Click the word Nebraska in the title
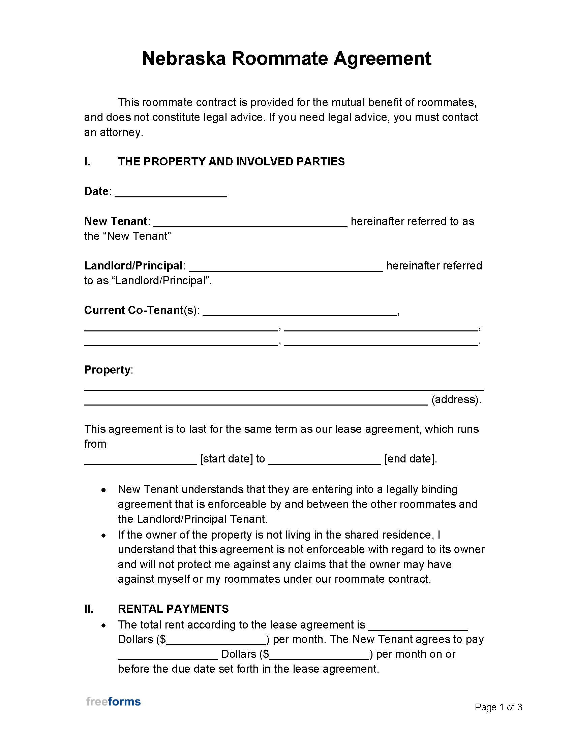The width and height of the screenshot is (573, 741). (184, 58)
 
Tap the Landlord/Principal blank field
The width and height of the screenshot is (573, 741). (285, 268)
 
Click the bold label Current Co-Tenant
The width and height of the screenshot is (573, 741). (134, 310)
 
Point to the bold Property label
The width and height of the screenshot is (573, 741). (107, 369)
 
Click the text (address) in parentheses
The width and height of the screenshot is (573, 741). (456, 399)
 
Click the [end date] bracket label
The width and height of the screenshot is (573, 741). (410, 459)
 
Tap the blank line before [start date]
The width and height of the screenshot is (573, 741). (140, 461)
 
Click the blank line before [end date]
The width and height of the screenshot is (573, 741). (325, 461)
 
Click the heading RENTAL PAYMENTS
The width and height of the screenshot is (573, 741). (173, 609)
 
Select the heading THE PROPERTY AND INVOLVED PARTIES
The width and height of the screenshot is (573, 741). (231, 161)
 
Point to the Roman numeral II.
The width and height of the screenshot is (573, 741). (89, 609)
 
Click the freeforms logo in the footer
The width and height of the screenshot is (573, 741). (113, 701)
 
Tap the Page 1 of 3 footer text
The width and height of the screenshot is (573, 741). (498, 707)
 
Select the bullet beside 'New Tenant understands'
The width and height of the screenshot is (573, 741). (104, 490)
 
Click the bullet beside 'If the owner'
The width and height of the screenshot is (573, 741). (104, 536)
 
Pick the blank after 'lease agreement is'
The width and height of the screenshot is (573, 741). (418, 627)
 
